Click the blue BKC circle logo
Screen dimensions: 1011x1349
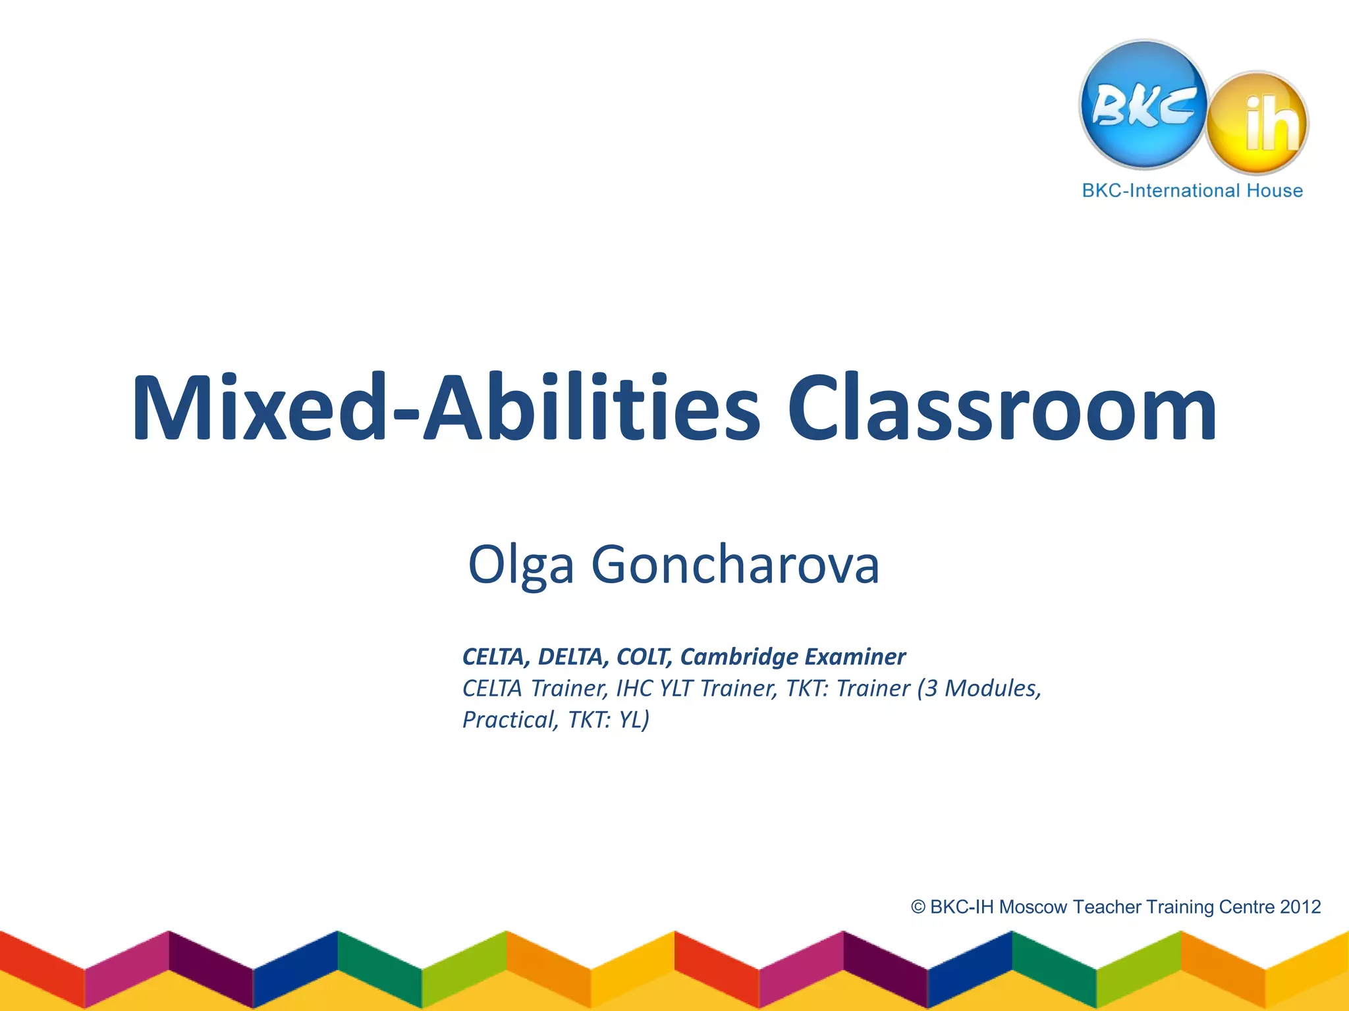tap(1144, 104)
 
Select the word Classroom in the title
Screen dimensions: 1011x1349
tap(1001, 408)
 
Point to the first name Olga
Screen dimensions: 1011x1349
tap(520, 565)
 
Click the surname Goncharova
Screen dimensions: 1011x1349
tap(735, 565)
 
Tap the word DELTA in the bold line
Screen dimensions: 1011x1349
tap(573, 657)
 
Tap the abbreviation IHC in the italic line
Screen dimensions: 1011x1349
tap(634, 688)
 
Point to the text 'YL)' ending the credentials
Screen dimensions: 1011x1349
tap(634, 720)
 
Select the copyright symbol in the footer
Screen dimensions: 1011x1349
tap(918, 908)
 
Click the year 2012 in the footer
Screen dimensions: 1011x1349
tap(1300, 908)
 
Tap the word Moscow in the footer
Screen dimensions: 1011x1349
tap(1033, 908)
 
